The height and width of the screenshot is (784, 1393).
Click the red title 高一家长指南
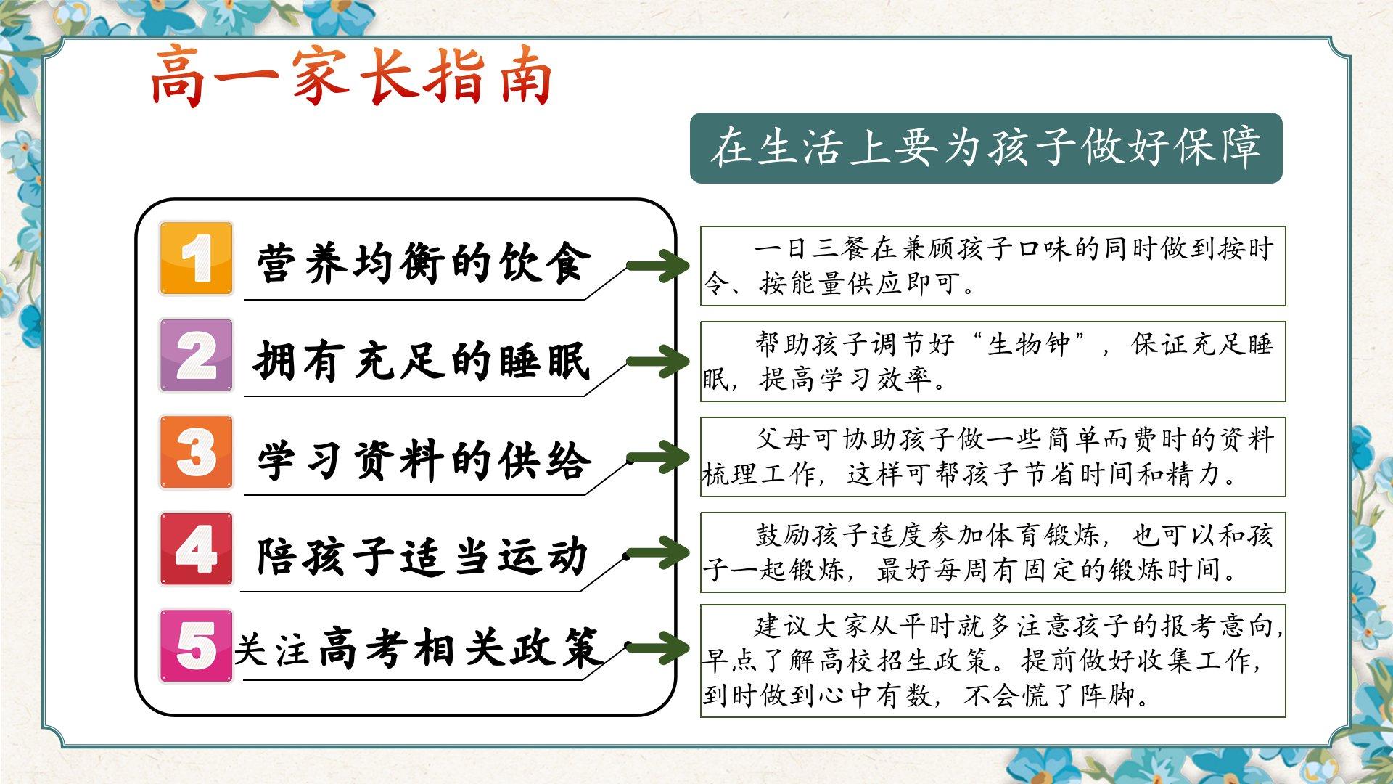tap(351, 77)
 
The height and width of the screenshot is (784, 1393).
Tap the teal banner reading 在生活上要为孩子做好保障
tap(986, 148)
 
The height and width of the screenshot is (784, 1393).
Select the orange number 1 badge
tap(197, 258)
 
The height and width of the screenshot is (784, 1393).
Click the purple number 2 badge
tap(197, 356)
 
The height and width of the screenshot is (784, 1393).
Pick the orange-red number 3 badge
tap(197, 452)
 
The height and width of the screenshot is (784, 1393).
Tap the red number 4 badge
tap(197, 549)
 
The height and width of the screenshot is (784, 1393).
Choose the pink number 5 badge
tap(197, 645)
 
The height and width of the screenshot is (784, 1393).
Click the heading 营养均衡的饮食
tap(424, 263)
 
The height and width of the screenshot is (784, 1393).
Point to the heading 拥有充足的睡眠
tap(422, 361)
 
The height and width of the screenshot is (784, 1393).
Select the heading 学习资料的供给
tap(424, 460)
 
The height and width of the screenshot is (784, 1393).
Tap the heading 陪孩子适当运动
tap(422, 556)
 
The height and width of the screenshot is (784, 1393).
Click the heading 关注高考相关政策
tap(417, 648)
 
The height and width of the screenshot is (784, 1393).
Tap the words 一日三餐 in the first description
tap(811, 249)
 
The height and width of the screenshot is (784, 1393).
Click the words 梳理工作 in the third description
tap(760, 475)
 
